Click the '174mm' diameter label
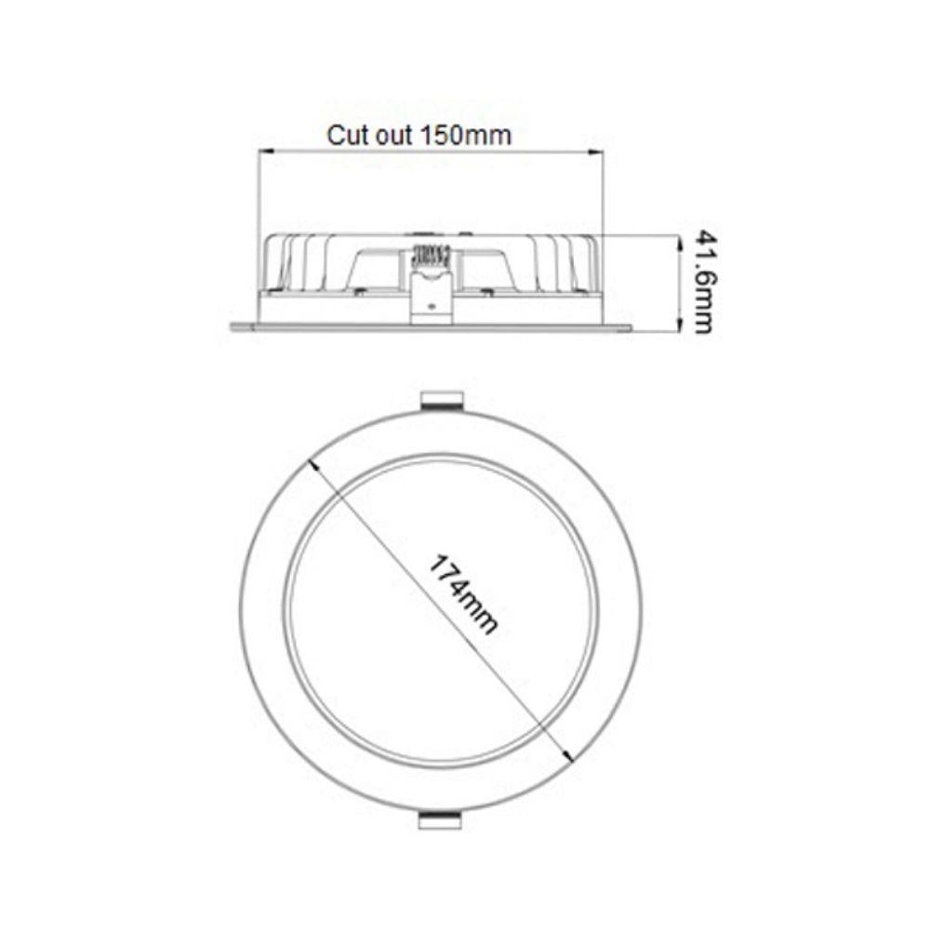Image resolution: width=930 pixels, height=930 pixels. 463,594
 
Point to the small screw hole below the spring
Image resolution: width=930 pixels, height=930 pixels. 430,303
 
